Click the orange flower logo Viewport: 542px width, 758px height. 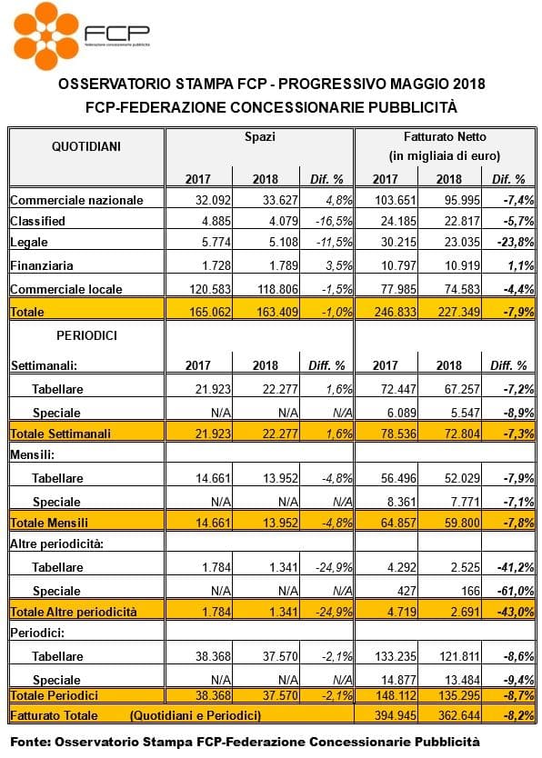[46, 35]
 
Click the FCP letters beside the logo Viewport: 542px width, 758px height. [117, 33]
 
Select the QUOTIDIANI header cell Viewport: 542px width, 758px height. [86, 146]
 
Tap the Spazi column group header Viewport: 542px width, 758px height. [260, 137]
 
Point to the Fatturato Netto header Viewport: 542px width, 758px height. [445, 137]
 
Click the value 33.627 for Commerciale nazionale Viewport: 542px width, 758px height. [280, 200]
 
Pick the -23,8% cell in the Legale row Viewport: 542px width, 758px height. [516, 242]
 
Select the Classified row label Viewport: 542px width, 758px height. [37, 221]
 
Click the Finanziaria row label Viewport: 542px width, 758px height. [42, 265]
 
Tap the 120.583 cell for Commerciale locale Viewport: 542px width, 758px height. [210, 289]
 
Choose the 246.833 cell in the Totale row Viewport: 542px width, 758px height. [395, 312]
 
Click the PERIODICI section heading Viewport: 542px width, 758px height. [86, 335]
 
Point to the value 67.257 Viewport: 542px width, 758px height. [462, 389]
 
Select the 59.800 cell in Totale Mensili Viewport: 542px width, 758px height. [462, 523]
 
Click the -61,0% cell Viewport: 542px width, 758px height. [516, 591]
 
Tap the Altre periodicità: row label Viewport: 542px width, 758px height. [57, 544]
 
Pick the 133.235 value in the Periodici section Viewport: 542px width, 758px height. [395, 656]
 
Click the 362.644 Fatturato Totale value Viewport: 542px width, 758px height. [459, 715]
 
